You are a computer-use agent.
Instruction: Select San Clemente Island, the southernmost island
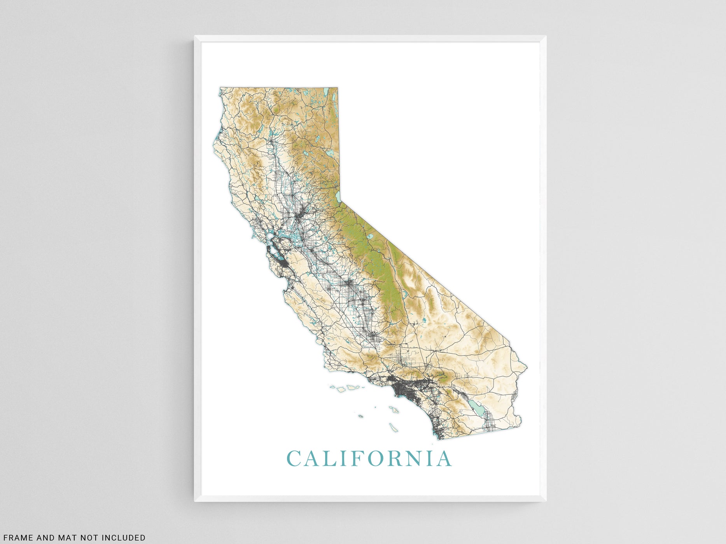394,427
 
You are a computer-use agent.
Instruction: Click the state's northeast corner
337,88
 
